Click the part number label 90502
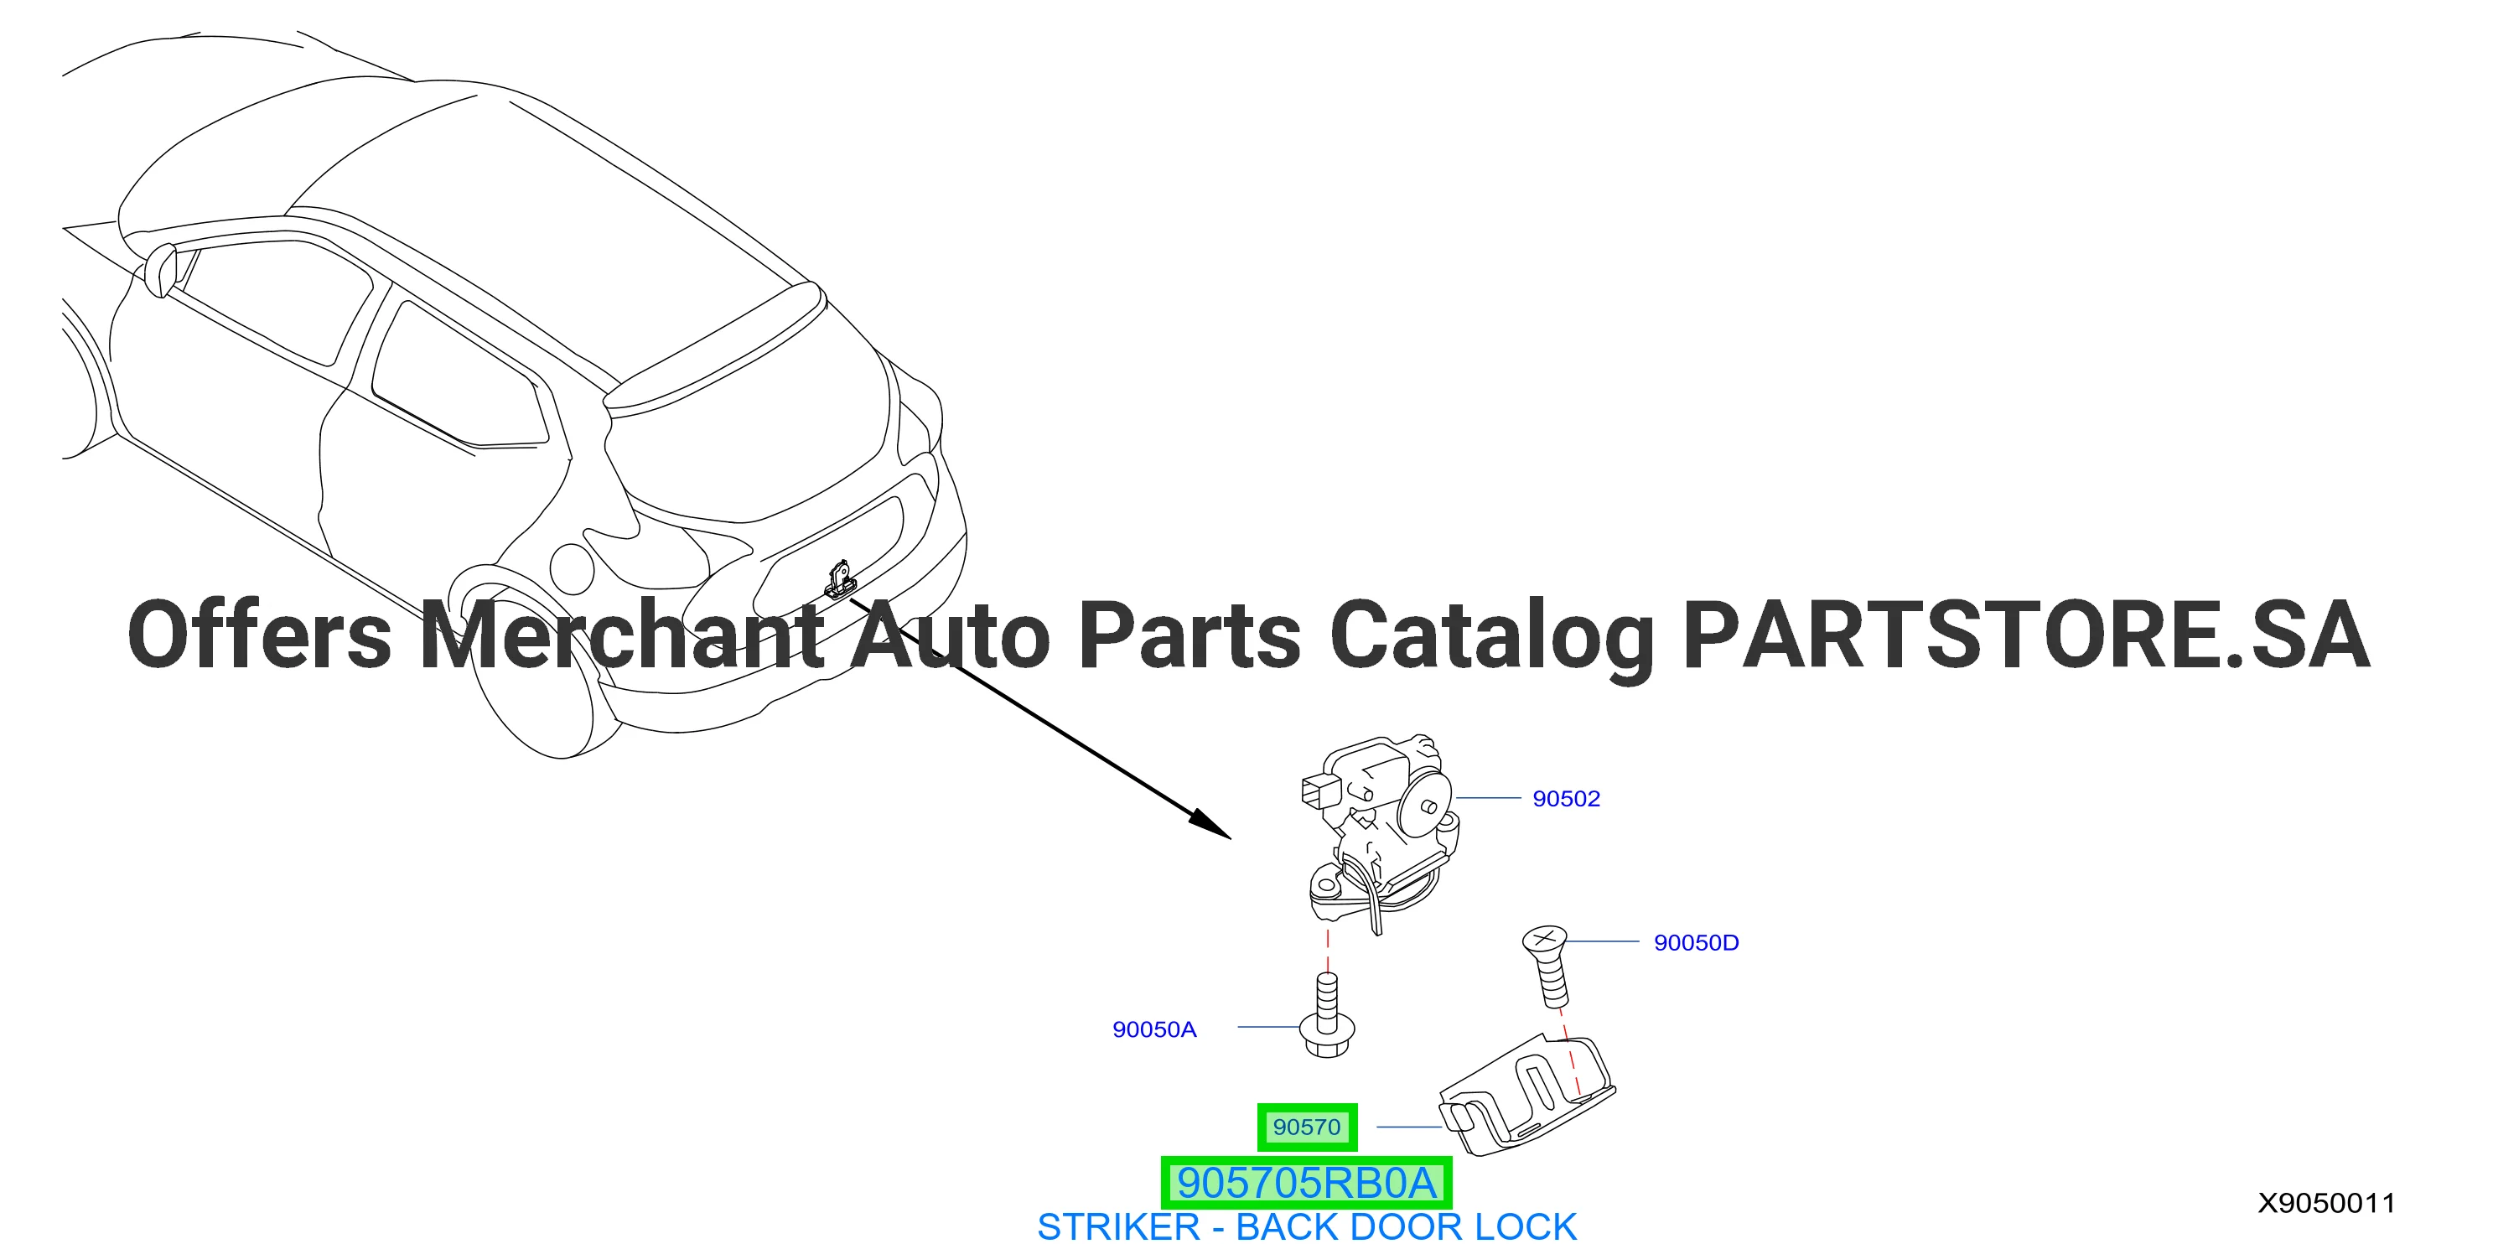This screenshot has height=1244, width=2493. (1566, 799)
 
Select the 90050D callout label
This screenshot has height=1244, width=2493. (1696, 943)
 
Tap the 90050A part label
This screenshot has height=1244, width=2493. (1153, 1029)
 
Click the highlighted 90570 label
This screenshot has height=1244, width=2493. (1307, 1127)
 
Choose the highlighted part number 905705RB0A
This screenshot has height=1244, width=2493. (1307, 1182)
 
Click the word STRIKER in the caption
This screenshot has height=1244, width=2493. (1117, 1226)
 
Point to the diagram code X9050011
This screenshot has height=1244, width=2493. (2326, 1202)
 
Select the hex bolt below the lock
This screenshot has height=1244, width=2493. (1328, 1017)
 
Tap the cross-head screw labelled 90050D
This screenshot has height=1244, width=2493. (1547, 965)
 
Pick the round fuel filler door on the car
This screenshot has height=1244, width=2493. (571, 568)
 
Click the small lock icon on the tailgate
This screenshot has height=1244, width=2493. (840, 579)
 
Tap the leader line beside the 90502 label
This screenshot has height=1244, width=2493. (1489, 798)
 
